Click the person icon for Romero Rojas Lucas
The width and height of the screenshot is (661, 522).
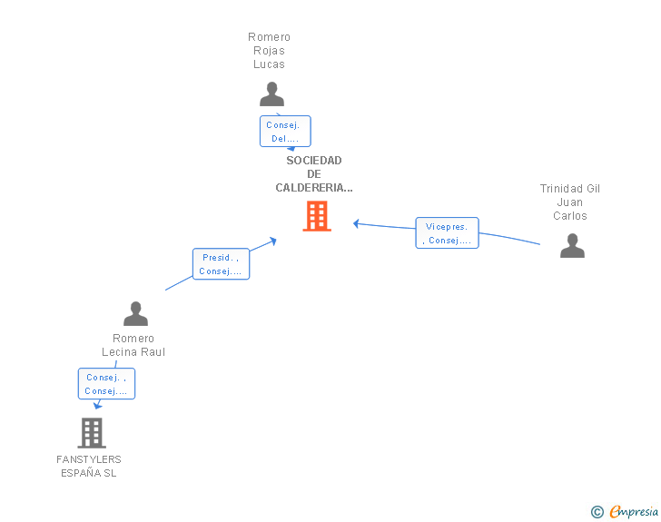point(271,94)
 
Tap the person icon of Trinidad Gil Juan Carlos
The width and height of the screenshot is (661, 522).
point(572,245)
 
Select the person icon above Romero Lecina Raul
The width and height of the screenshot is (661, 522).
point(136,314)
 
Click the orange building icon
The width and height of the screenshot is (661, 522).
point(317,216)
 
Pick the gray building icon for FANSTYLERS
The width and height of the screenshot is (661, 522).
point(92,433)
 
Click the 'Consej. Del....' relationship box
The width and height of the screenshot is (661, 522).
point(285,131)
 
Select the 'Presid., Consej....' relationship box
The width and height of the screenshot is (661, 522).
point(221,264)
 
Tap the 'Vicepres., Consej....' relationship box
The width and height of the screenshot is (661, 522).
point(448,233)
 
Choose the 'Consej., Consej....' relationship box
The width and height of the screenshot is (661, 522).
point(106,384)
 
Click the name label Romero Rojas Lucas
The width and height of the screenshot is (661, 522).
point(269,51)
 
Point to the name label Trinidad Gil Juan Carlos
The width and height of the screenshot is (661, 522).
point(570,202)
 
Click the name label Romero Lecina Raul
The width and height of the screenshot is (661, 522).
point(133,345)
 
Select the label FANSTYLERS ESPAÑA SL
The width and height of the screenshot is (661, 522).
point(89,466)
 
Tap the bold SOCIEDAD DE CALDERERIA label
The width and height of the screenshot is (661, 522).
point(314,174)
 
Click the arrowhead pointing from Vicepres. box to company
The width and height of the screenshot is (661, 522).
point(356,224)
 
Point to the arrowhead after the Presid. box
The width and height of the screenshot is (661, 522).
point(273,241)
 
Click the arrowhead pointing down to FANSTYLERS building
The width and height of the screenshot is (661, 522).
point(97,406)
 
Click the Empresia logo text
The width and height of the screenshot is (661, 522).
point(634,512)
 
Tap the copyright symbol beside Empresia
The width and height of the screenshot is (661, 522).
point(597,512)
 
